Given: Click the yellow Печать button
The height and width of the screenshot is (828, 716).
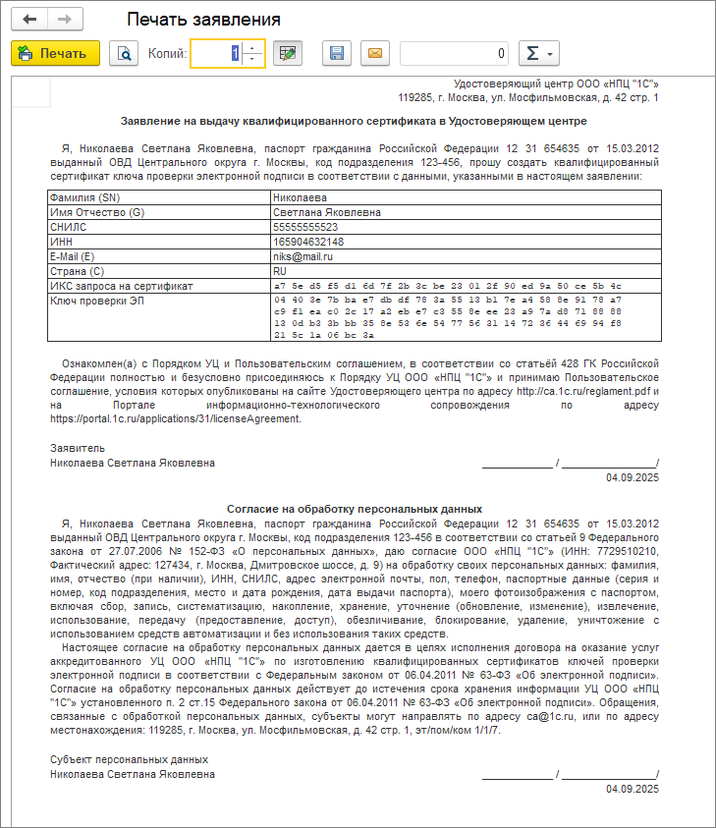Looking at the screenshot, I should [55, 54].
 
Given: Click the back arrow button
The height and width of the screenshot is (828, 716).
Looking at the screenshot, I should [30, 20].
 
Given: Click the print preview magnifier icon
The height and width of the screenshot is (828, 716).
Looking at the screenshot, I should [124, 54].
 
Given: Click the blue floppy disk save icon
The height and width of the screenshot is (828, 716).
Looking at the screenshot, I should [337, 54].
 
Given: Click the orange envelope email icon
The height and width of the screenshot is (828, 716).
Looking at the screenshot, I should [374, 54].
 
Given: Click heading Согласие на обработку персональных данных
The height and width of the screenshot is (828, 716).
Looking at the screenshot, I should [354, 510].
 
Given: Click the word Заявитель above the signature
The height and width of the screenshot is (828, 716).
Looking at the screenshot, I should [72, 447].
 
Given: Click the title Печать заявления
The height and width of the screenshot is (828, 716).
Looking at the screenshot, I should [204, 20].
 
